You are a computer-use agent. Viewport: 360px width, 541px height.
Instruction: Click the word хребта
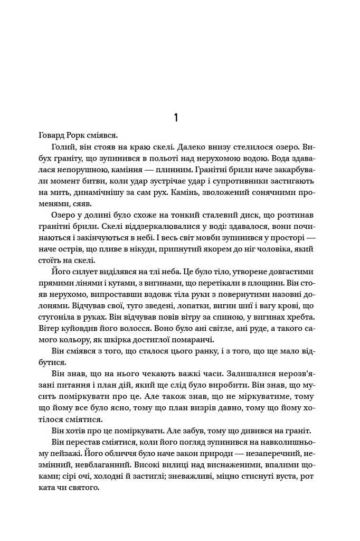[300, 318]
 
